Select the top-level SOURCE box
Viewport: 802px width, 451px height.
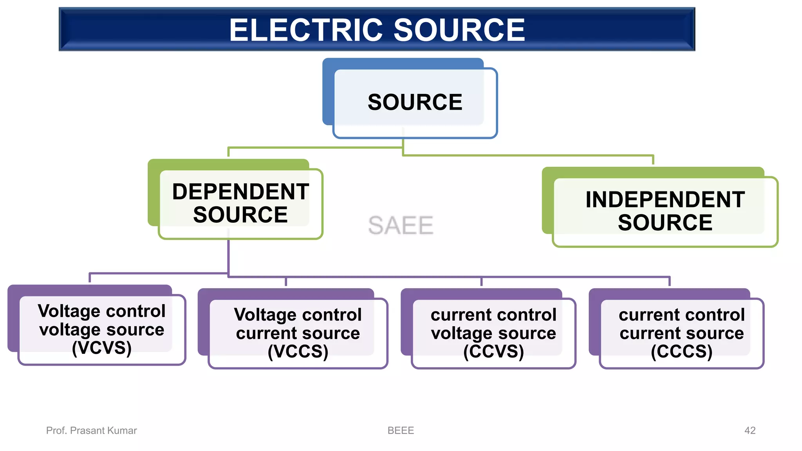click(x=415, y=102)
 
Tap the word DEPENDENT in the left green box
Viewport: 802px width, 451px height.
click(x=240, y=192)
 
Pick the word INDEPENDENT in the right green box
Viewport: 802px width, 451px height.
click(x=665, y=200)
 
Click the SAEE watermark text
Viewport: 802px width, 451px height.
click(x=401, y=225)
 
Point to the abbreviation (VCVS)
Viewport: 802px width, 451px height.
click(x=101, y=348)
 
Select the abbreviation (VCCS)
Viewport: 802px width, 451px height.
click(x=298, y=351)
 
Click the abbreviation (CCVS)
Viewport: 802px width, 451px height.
click(x=493, y=351)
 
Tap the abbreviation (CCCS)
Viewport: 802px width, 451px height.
click(x=681, y=351)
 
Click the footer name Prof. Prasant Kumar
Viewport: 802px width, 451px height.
click(x=91, y=431)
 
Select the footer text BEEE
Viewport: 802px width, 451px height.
click(x=401, y=431)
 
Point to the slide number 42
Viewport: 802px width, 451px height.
click(x=750, y=431)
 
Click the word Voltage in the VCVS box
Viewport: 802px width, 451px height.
click(x=69, y=311)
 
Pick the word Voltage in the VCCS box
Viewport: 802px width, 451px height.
click(x=265, y=315)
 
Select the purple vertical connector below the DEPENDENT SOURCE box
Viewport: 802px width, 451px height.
click(x=229, y=256)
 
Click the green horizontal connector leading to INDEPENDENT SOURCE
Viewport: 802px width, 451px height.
click(x=529, y=155)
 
